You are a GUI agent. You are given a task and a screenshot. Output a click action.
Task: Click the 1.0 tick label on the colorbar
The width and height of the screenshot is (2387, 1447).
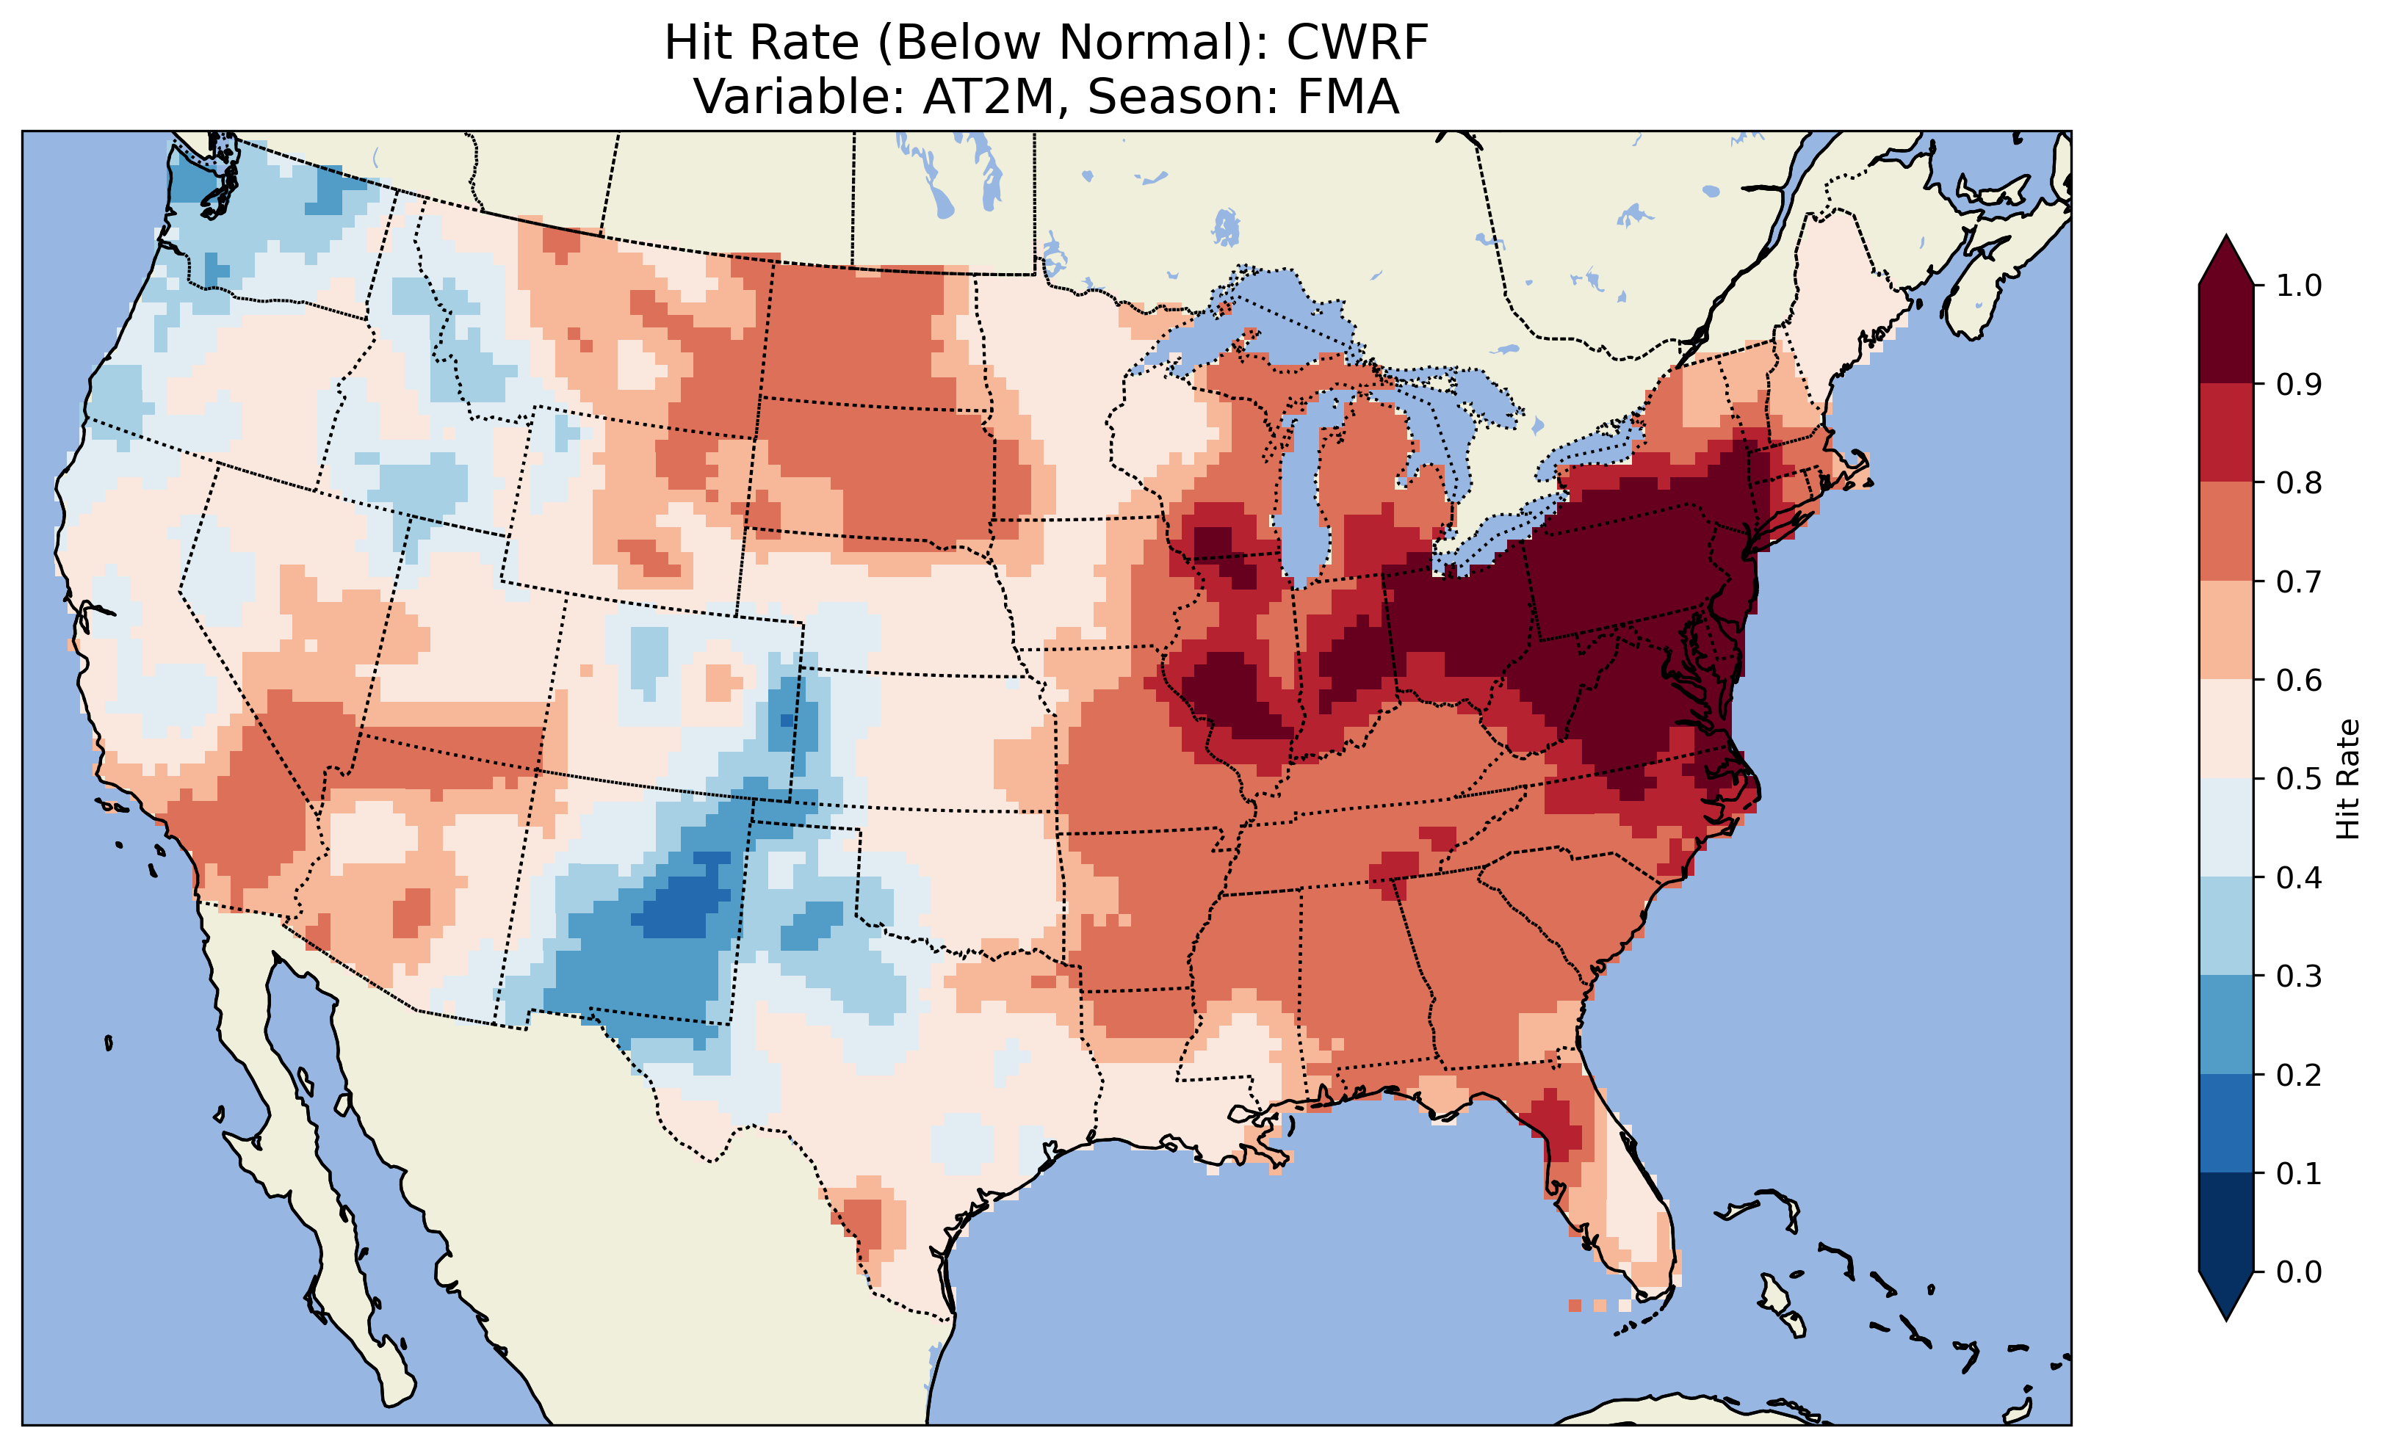click(x=2299, y=286)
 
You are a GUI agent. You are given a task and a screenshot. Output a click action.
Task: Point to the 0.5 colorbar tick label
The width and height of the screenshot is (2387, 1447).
click(x=2299, y=779)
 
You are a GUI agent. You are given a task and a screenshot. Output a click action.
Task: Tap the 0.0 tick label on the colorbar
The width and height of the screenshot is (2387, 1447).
click(x=2299, y=1272)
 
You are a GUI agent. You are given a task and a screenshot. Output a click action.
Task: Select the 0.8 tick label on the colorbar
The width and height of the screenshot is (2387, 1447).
click(x=2299, y=482)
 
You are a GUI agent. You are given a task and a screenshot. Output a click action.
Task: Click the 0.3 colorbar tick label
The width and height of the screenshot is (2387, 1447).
click(x=2299, y=976)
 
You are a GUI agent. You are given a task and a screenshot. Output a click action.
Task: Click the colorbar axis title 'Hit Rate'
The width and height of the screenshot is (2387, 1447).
click(x=2347, y=779)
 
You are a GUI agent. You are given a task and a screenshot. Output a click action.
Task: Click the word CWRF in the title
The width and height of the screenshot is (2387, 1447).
click(x=1357, y=43)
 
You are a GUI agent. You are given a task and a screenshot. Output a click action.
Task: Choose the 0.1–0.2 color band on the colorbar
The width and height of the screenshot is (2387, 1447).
click(x=2226, y=1123)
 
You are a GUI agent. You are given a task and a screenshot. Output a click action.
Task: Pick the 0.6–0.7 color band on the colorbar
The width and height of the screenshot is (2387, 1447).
click(x=2226, y=630)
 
